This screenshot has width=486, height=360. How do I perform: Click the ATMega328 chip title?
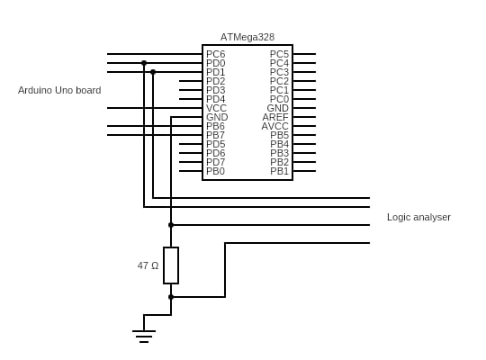(x=247, y=37)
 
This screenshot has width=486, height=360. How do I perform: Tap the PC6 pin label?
(x=216, y=54)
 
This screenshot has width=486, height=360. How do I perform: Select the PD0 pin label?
(x=216, y=63)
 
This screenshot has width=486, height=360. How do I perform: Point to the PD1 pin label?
(x=216, y=72)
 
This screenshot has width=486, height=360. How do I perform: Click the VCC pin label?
(x=216, y=108)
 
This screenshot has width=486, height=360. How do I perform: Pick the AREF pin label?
(x=275, y=117)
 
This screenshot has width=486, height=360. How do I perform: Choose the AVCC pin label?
(x=274, y=126)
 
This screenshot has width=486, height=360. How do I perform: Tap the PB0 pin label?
(x=215, y=171)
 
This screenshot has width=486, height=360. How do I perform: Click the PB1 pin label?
(x=279, y=171)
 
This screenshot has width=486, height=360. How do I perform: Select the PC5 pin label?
(x=279, y=54)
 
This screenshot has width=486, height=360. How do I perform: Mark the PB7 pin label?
(x=215, y=135)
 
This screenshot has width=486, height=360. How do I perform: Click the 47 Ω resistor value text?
(x=148, y=265)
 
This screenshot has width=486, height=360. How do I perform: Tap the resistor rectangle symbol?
(x=171, y=265)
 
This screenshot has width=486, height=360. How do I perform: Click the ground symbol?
(x=144, y=337)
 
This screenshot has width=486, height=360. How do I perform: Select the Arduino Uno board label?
(x=59, y=90)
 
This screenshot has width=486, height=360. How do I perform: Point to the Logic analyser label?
(x=418, y=217)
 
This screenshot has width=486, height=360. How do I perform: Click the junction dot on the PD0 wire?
(x=144, y=63)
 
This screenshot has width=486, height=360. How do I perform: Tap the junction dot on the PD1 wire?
(x=153, y=72)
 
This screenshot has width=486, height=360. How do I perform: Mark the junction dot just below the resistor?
(x=171, y=297)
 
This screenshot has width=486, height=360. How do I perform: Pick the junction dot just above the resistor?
(x=171, y=225)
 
